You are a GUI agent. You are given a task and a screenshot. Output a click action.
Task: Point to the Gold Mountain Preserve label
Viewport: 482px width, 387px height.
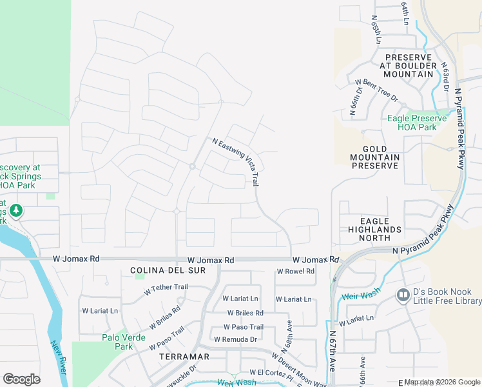375,157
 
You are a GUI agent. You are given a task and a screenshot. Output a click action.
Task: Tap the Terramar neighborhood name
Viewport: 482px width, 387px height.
185,357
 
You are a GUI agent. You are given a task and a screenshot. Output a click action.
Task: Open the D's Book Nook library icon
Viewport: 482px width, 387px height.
403,295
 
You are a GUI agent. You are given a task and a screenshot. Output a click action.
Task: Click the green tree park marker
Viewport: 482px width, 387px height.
15,211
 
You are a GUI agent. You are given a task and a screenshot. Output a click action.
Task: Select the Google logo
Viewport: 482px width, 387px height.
21,379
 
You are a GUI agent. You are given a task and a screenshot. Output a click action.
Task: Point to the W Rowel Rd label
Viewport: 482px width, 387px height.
295,272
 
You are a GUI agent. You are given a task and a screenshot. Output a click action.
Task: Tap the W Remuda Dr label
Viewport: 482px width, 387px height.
235,339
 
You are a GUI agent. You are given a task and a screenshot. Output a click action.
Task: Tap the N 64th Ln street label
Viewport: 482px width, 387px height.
405,13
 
